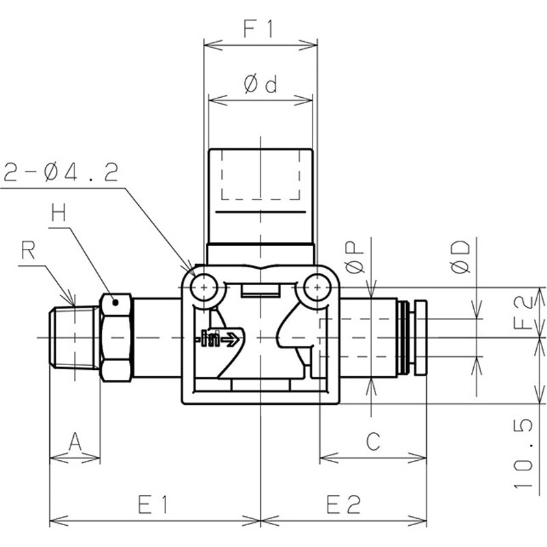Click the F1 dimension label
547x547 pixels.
tap(258, 29)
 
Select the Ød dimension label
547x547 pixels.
tap(261, 84)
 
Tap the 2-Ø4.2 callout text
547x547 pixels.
tap(61, 172)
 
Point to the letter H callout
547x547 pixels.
tap(59, 213)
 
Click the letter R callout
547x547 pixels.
tap(28, 250)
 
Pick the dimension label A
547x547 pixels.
tap(75, 441)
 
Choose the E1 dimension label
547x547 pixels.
tap(152, 505)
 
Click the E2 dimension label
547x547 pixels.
tap(343, 505)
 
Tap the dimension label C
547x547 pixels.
tap(373, 441)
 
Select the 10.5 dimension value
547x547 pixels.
tap(524, 453)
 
